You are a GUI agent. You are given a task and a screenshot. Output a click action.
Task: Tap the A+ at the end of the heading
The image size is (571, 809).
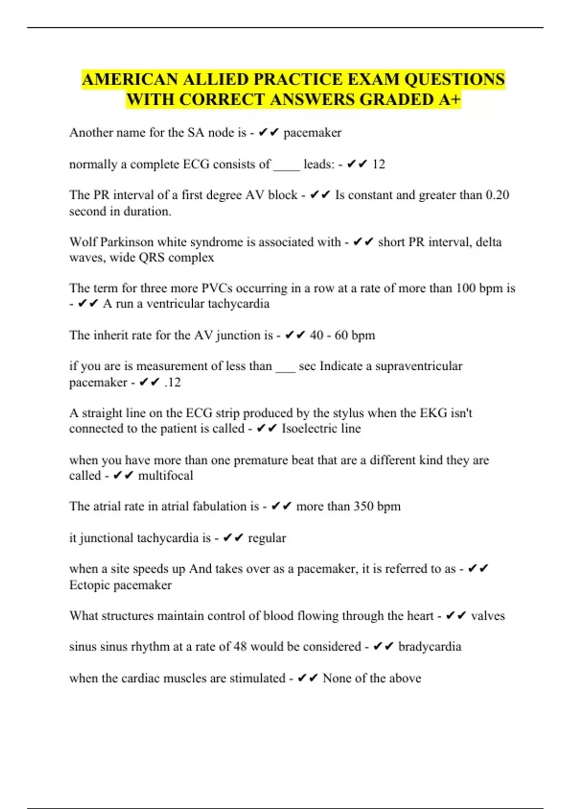pos(449,99)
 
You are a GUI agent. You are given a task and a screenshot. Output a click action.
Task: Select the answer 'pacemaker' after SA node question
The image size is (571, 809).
pos(312,132)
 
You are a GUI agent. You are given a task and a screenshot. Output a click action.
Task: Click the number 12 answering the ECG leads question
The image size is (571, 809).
pos(378,164)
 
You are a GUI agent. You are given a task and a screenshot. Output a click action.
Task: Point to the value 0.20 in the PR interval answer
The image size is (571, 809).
pos(497,195)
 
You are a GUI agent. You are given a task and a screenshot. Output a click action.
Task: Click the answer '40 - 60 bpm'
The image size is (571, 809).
pos(342,335)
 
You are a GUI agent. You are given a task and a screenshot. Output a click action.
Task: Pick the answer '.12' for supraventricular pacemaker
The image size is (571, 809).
pos(172,382)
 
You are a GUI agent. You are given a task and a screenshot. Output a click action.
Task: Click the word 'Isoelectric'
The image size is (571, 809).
pos(303,428)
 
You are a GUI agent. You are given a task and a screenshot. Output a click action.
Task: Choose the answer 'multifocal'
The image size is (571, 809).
pos(166,475)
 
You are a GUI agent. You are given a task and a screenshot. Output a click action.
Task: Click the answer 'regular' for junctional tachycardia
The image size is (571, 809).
pos(267,538)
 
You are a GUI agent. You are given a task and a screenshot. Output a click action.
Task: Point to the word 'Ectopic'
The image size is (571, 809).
pos(90,585)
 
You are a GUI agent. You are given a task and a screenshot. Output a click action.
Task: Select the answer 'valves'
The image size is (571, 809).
pos(488,616)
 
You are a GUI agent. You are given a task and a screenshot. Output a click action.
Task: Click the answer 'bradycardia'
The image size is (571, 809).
pos(430,647)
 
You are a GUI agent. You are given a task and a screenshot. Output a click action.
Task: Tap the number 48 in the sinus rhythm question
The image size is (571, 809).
pos(240,647)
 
